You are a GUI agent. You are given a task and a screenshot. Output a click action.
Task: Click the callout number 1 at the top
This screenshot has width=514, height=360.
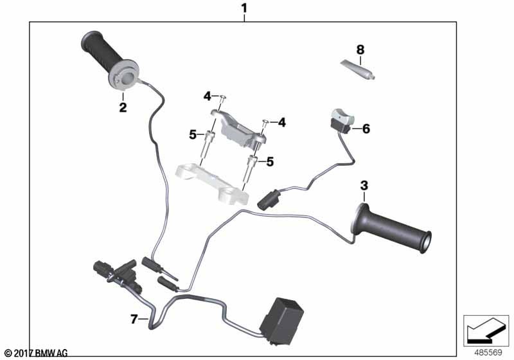tap(244, 8)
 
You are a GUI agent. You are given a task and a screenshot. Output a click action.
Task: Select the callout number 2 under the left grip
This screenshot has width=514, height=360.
tap(123, 107)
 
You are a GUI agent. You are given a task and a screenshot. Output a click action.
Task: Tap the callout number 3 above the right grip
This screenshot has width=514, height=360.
tap(364, 186)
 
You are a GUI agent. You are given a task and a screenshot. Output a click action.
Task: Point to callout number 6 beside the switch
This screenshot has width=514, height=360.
tap(366, 129)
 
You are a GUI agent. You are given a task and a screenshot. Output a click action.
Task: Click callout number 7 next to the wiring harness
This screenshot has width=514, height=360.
tap(134, 319)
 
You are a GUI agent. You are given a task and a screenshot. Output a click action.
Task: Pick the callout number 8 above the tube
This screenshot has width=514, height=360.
tap(360, 50)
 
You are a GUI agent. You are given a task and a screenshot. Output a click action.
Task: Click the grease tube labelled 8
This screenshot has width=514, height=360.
tap(357, 69)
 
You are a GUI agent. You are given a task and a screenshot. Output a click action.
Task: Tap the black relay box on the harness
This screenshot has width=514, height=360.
tap(281, 321)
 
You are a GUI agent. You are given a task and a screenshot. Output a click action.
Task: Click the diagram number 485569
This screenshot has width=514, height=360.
tap(488, 352)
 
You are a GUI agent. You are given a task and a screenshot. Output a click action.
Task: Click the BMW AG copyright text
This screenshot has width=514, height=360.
tap(37, 353)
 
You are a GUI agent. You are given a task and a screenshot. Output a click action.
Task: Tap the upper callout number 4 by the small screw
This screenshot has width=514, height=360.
tap(207, 96)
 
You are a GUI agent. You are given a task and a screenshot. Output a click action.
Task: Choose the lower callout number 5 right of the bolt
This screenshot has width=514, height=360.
tap(270, 161)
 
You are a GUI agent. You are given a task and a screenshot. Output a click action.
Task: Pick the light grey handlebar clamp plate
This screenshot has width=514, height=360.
tap(212, 183)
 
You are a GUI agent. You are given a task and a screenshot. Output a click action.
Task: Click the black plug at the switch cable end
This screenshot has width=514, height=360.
tap(269, 201)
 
